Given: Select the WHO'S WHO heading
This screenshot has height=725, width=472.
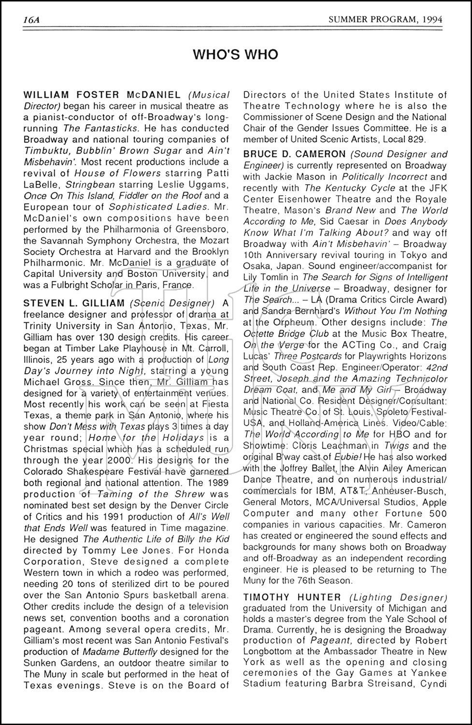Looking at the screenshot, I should pos(236,55).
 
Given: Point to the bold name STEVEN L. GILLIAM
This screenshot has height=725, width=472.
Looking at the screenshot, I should pos(74,303).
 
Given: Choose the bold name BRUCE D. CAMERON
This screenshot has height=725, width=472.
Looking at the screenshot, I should pos(294,155).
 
